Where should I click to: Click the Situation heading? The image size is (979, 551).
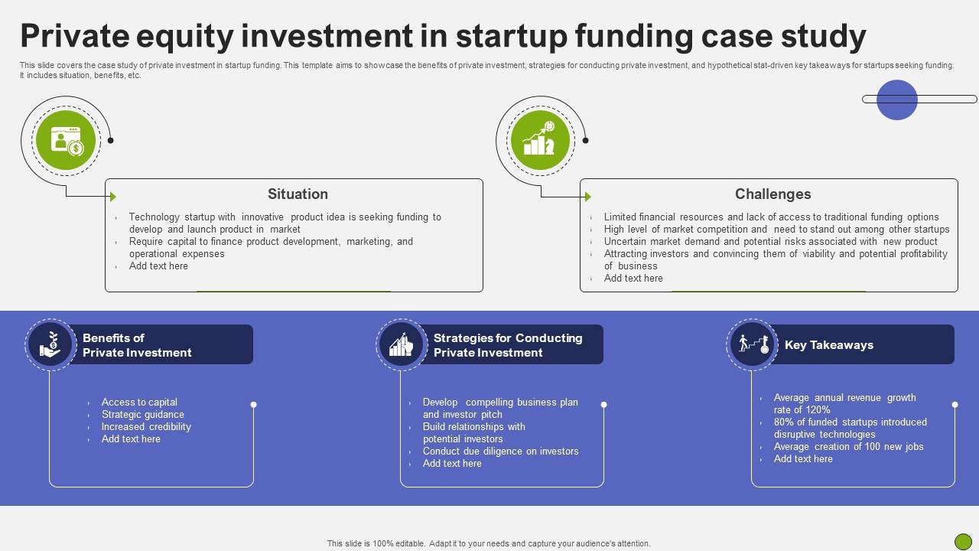[x=298, y=194]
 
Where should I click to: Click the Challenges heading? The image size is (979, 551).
[x=772, y=194]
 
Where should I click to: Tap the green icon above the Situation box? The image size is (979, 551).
[x=66, y=140]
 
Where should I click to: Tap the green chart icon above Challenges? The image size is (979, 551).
[x=541, y=140]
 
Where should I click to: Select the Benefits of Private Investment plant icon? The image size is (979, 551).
[x=50, y=344]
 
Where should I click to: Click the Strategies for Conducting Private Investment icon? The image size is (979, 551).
[x=402, y=344]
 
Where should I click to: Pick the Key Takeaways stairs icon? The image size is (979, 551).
[x=753, y=344]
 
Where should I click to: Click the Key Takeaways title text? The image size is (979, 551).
[x=828, y=345]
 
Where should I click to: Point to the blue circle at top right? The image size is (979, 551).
[x=896, y=99]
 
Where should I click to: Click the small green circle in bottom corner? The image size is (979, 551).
[x=963, y=541]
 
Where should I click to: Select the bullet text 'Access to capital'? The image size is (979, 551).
[x=139, y=403]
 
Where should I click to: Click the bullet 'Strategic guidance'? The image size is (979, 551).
[x=142, y=415]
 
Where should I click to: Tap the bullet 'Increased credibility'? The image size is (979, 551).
[x=146, y=427]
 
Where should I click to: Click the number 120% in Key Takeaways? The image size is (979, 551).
[x=818, y=410]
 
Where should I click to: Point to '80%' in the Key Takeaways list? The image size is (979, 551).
[x=784, y=422]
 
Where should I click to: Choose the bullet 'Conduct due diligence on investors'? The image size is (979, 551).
[x=500, y=452]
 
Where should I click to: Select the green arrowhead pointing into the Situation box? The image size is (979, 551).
[x=113, y=197]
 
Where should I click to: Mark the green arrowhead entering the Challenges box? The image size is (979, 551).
[x=588, y=197]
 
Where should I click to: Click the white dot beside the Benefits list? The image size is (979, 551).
[x=253, y=405]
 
